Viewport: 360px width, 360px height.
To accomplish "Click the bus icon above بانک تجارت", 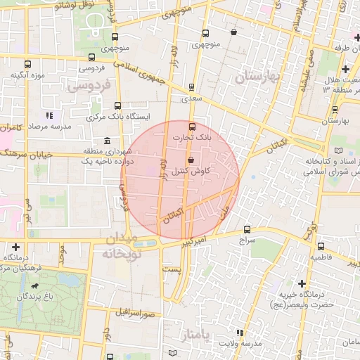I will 193,127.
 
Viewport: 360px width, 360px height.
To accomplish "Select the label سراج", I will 246,240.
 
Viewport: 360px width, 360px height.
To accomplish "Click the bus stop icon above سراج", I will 246,229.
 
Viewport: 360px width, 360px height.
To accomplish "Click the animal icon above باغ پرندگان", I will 35,287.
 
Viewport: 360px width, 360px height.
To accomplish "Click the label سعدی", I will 192,99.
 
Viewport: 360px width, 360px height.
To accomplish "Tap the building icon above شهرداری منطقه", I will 106,141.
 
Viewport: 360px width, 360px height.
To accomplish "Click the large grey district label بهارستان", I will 257,76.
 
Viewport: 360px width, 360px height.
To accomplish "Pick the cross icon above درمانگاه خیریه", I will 302,283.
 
